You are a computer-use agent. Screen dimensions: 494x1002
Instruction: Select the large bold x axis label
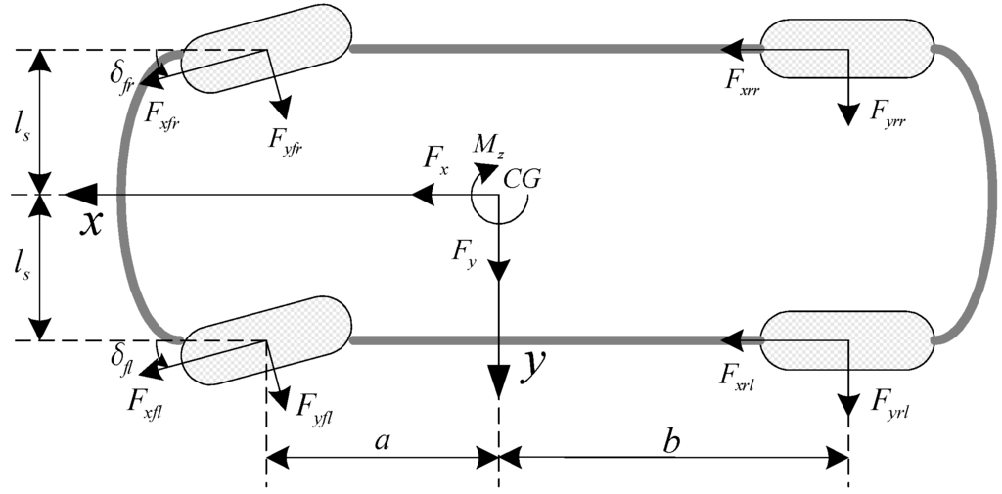[x=90, y=224]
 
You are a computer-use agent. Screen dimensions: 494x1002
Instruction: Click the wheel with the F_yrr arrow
[x=846, y=48]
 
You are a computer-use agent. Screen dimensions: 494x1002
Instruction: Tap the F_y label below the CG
[x=464, y=250]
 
